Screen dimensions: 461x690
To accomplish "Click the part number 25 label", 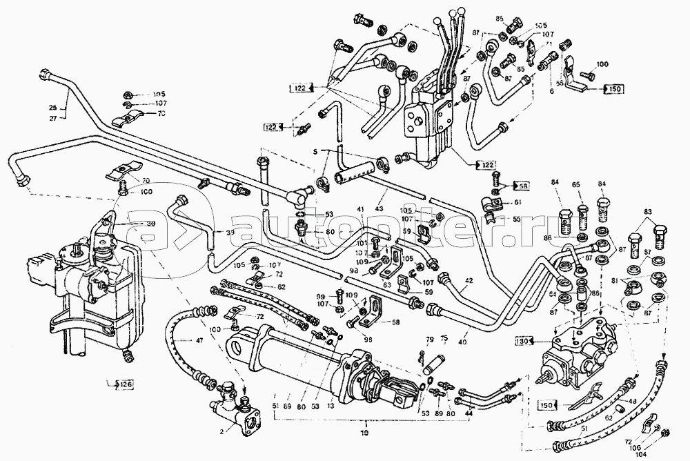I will [x=52, y=108].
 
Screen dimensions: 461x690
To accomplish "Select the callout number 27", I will [x=52, y=118].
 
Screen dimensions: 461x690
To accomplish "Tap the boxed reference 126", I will [x=122, y=384].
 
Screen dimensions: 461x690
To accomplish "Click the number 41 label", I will [x=360, y=210].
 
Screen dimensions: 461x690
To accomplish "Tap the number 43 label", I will [x=379, y=210].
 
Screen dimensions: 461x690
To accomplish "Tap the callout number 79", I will [x=429, y=339].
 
